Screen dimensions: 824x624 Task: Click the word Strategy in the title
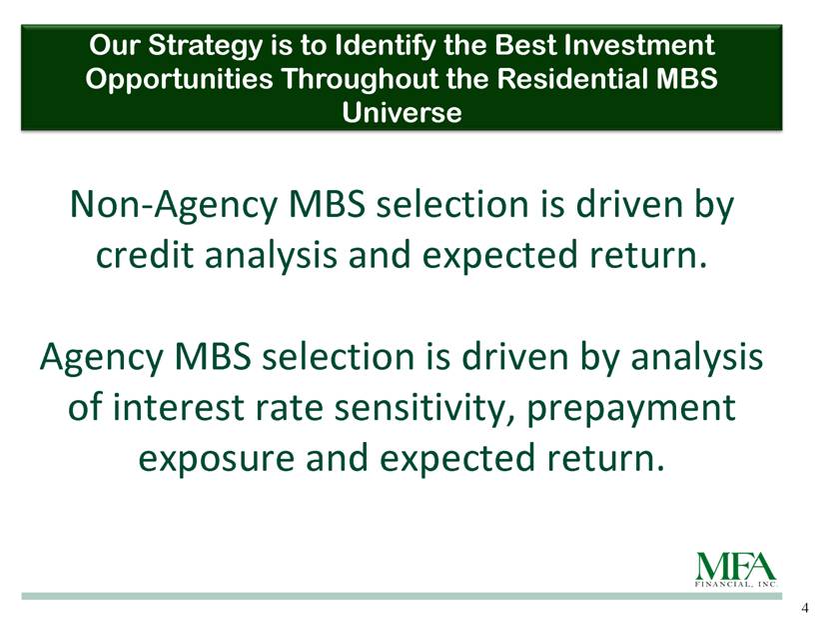coord(204,46)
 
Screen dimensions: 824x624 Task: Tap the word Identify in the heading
coord(386,45)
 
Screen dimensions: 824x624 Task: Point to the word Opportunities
coord(179,79)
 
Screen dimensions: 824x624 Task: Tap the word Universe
coord(403,112)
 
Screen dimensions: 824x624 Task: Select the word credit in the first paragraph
coord(145,254)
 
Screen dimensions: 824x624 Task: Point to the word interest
coord(179,408)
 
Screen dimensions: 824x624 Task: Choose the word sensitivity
coord(424,409)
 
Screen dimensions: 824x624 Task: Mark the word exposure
coord(217,459)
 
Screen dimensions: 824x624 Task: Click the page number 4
coord(805,608)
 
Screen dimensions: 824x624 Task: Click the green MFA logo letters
coord(736,567)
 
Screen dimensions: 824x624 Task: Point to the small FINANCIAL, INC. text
coord(736,585)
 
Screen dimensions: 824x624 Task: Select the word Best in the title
coord(525,45)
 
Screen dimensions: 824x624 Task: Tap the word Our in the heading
coord(115,45)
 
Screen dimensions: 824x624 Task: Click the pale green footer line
coord(402,596)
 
